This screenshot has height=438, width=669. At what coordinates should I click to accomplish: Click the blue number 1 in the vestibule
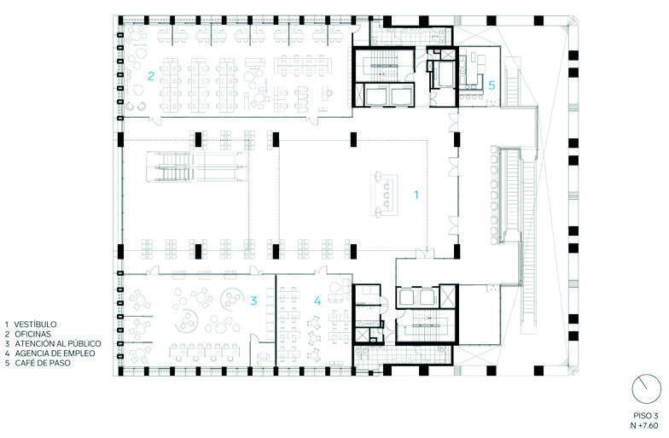pos(416,195)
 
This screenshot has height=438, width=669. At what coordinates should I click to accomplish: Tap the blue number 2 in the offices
pos(150,76)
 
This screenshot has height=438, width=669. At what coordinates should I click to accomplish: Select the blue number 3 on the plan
pos(253,301)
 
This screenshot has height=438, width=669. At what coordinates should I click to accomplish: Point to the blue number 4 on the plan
pos(317,301)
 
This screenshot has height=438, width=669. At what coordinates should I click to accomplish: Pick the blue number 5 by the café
pos(492,85)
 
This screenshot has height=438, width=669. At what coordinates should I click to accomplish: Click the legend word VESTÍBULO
pos(35,324)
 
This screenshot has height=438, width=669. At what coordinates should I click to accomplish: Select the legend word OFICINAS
pos(32,335)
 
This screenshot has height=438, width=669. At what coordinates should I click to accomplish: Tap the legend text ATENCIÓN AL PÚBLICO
pos(58,343)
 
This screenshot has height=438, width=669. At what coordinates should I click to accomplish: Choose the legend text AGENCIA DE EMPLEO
pos(55,353)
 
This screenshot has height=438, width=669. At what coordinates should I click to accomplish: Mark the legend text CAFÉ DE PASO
pos(43,364)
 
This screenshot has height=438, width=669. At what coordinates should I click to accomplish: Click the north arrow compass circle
pos(646,389)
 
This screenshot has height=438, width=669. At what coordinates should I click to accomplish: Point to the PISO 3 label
pos(645,416)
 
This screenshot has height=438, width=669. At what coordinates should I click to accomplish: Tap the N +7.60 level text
pos(645,425)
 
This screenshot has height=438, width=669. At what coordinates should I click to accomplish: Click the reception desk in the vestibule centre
pos(384,195)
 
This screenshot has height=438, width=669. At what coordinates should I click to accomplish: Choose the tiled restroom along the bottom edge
pos(403,355)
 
